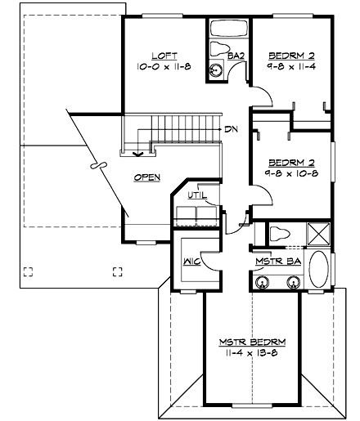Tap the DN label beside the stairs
(232, 129)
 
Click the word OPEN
(147, 177)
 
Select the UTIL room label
(196, 195)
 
